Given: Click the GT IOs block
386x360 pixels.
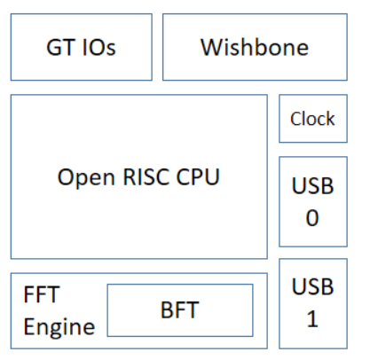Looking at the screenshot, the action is pos(82,47).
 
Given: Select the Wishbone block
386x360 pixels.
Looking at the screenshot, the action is pos(255,47).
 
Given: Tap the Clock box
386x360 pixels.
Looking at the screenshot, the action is pos(313,119).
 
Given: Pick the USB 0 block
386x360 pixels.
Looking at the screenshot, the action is pos(313,201).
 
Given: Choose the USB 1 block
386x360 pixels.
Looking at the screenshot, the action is pos(313,303).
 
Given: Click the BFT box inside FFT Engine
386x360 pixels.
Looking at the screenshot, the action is pos(180,310).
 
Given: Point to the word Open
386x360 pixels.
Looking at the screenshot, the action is pos(86,177).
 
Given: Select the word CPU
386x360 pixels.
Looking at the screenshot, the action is pos(198,176).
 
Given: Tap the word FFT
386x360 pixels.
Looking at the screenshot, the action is pos(42,294).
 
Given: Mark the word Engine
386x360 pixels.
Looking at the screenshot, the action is pos(59,327).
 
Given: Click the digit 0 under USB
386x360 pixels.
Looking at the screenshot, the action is pos(312,218).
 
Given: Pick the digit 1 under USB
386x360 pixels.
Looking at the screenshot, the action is pos(312,319).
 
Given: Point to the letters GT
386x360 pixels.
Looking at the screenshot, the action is pos(60,47).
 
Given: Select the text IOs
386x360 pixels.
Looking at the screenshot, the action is pos(98,47).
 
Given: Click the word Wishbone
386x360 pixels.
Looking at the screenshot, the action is pos(255,47).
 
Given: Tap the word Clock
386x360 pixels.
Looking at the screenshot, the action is pos(312,119).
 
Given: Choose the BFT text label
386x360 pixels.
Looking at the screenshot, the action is pos(179,310).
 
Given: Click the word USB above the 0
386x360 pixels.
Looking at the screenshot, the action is pos(312,185).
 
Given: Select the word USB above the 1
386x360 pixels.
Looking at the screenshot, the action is pos(312,286).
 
